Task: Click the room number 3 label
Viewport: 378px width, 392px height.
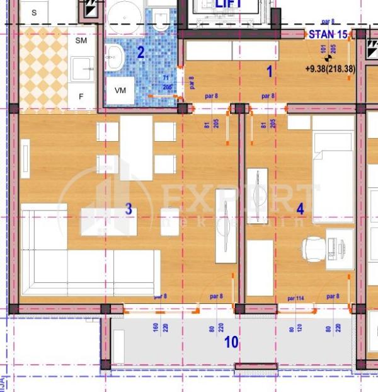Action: (x=128, y=210)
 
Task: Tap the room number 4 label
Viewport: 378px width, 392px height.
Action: (x=300, y=209)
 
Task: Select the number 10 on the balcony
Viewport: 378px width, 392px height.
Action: (x=231, y=342)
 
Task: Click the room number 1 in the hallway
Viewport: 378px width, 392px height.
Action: (x=270, y=72)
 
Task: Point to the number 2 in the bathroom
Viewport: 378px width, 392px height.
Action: (x=141, y=52)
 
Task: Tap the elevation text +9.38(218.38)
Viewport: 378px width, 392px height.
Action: (x=329, y=69)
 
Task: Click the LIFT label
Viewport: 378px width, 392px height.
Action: (x=229, y=4)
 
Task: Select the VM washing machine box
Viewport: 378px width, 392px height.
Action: (x=120, y=90)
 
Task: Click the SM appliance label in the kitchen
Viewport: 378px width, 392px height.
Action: (x=81, y=41)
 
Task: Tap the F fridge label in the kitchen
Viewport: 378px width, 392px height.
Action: (x=81, y=96)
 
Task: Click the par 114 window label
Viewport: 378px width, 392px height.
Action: (x=295, y=297)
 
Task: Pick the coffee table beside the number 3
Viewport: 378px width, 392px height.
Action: (x=103, y=221)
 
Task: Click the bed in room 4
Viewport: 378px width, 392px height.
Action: (x=333, y=176)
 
